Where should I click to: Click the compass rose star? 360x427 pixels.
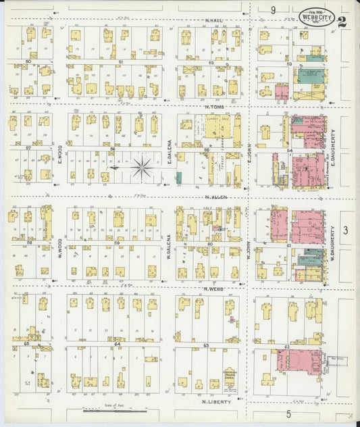pyautogui.click(x=142, y=168)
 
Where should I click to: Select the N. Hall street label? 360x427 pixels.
pyautogui.click(x=214, y=21)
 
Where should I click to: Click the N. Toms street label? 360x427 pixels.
pyautogui.click(x=214, y=107)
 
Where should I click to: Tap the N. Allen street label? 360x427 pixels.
pyautogui.click(x=215, y=197)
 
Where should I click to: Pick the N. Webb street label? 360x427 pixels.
pyautogui.click(x=214, y=288)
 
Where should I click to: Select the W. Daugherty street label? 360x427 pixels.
pyautogui.click(x=334, y=241)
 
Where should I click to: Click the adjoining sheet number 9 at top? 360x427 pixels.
pyautogui.click(x=274, y=9)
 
